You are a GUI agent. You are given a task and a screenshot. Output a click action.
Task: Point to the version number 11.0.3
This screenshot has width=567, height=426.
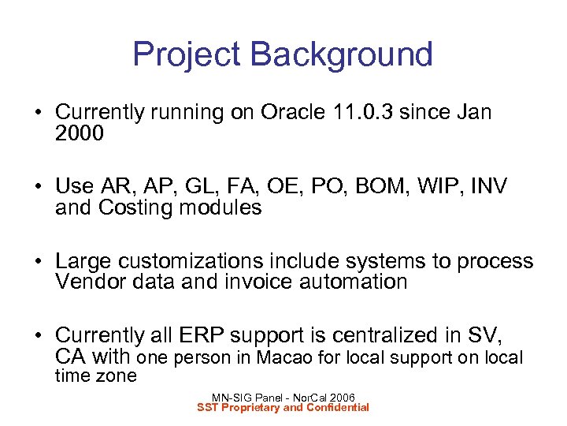point(359,113)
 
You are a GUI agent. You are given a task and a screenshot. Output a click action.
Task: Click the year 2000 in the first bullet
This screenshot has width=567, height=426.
point(79,133)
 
